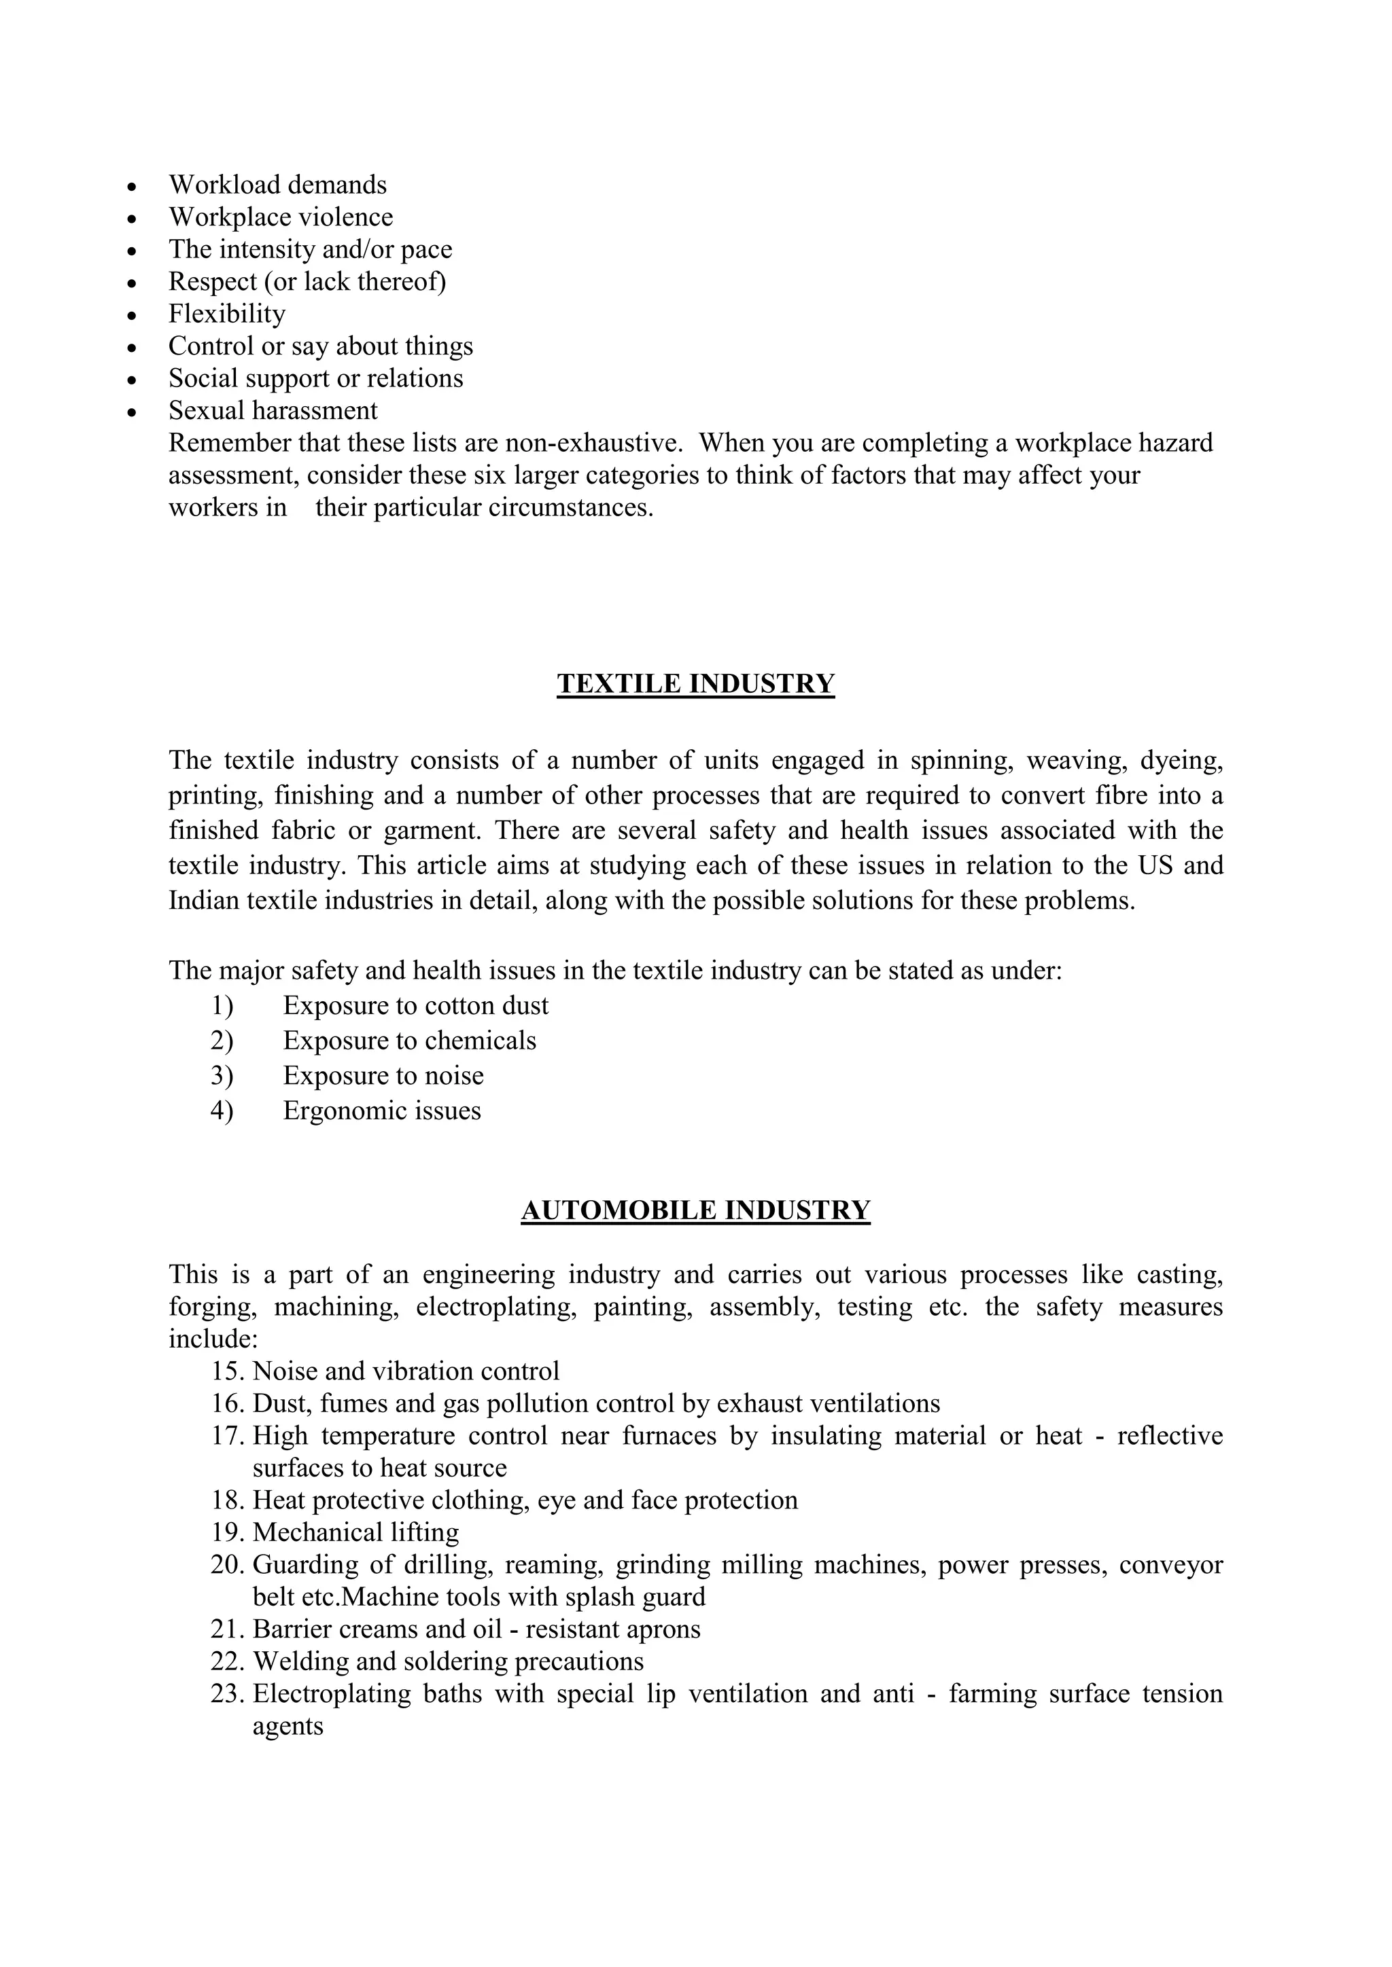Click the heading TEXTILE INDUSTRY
pos(695,684)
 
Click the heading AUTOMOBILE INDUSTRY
pos(695,1210)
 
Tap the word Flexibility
pos(226,314)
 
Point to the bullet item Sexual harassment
pos(273,410)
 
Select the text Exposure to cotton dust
pos(416,1005)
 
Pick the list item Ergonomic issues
pos(381,1111)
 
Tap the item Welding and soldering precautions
pos(447,1661)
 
